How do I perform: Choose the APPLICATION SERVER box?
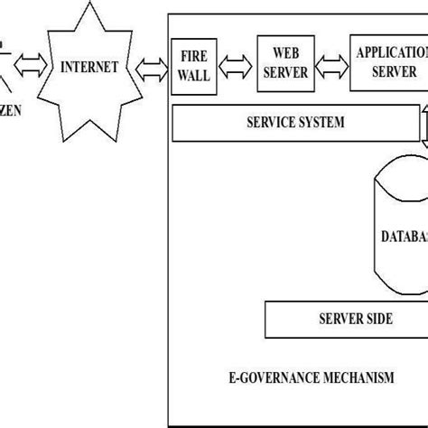[x=388, y=62]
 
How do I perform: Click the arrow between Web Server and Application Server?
[x=330, y=66]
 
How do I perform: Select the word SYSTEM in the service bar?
[x=321, y=123]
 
